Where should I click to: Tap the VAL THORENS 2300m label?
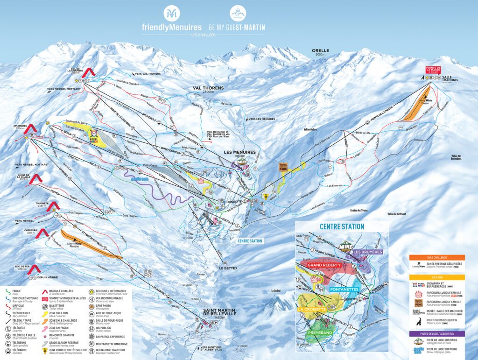click(x=209, y=90)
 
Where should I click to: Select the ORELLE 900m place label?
click(x=321, y=52)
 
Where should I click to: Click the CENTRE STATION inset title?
click(x=342, y=226)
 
